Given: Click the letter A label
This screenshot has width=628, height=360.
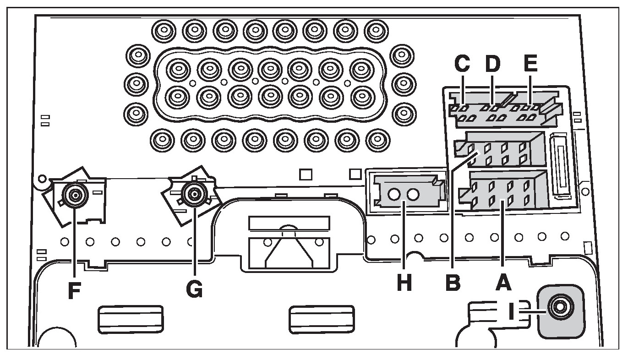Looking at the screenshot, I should (503, 284).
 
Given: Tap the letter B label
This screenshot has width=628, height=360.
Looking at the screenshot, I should (453, 284).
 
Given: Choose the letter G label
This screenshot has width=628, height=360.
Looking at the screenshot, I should (195, 290).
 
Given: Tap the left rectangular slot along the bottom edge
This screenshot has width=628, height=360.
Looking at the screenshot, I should (131, 319).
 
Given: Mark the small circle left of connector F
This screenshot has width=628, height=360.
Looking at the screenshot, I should (41, 178).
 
